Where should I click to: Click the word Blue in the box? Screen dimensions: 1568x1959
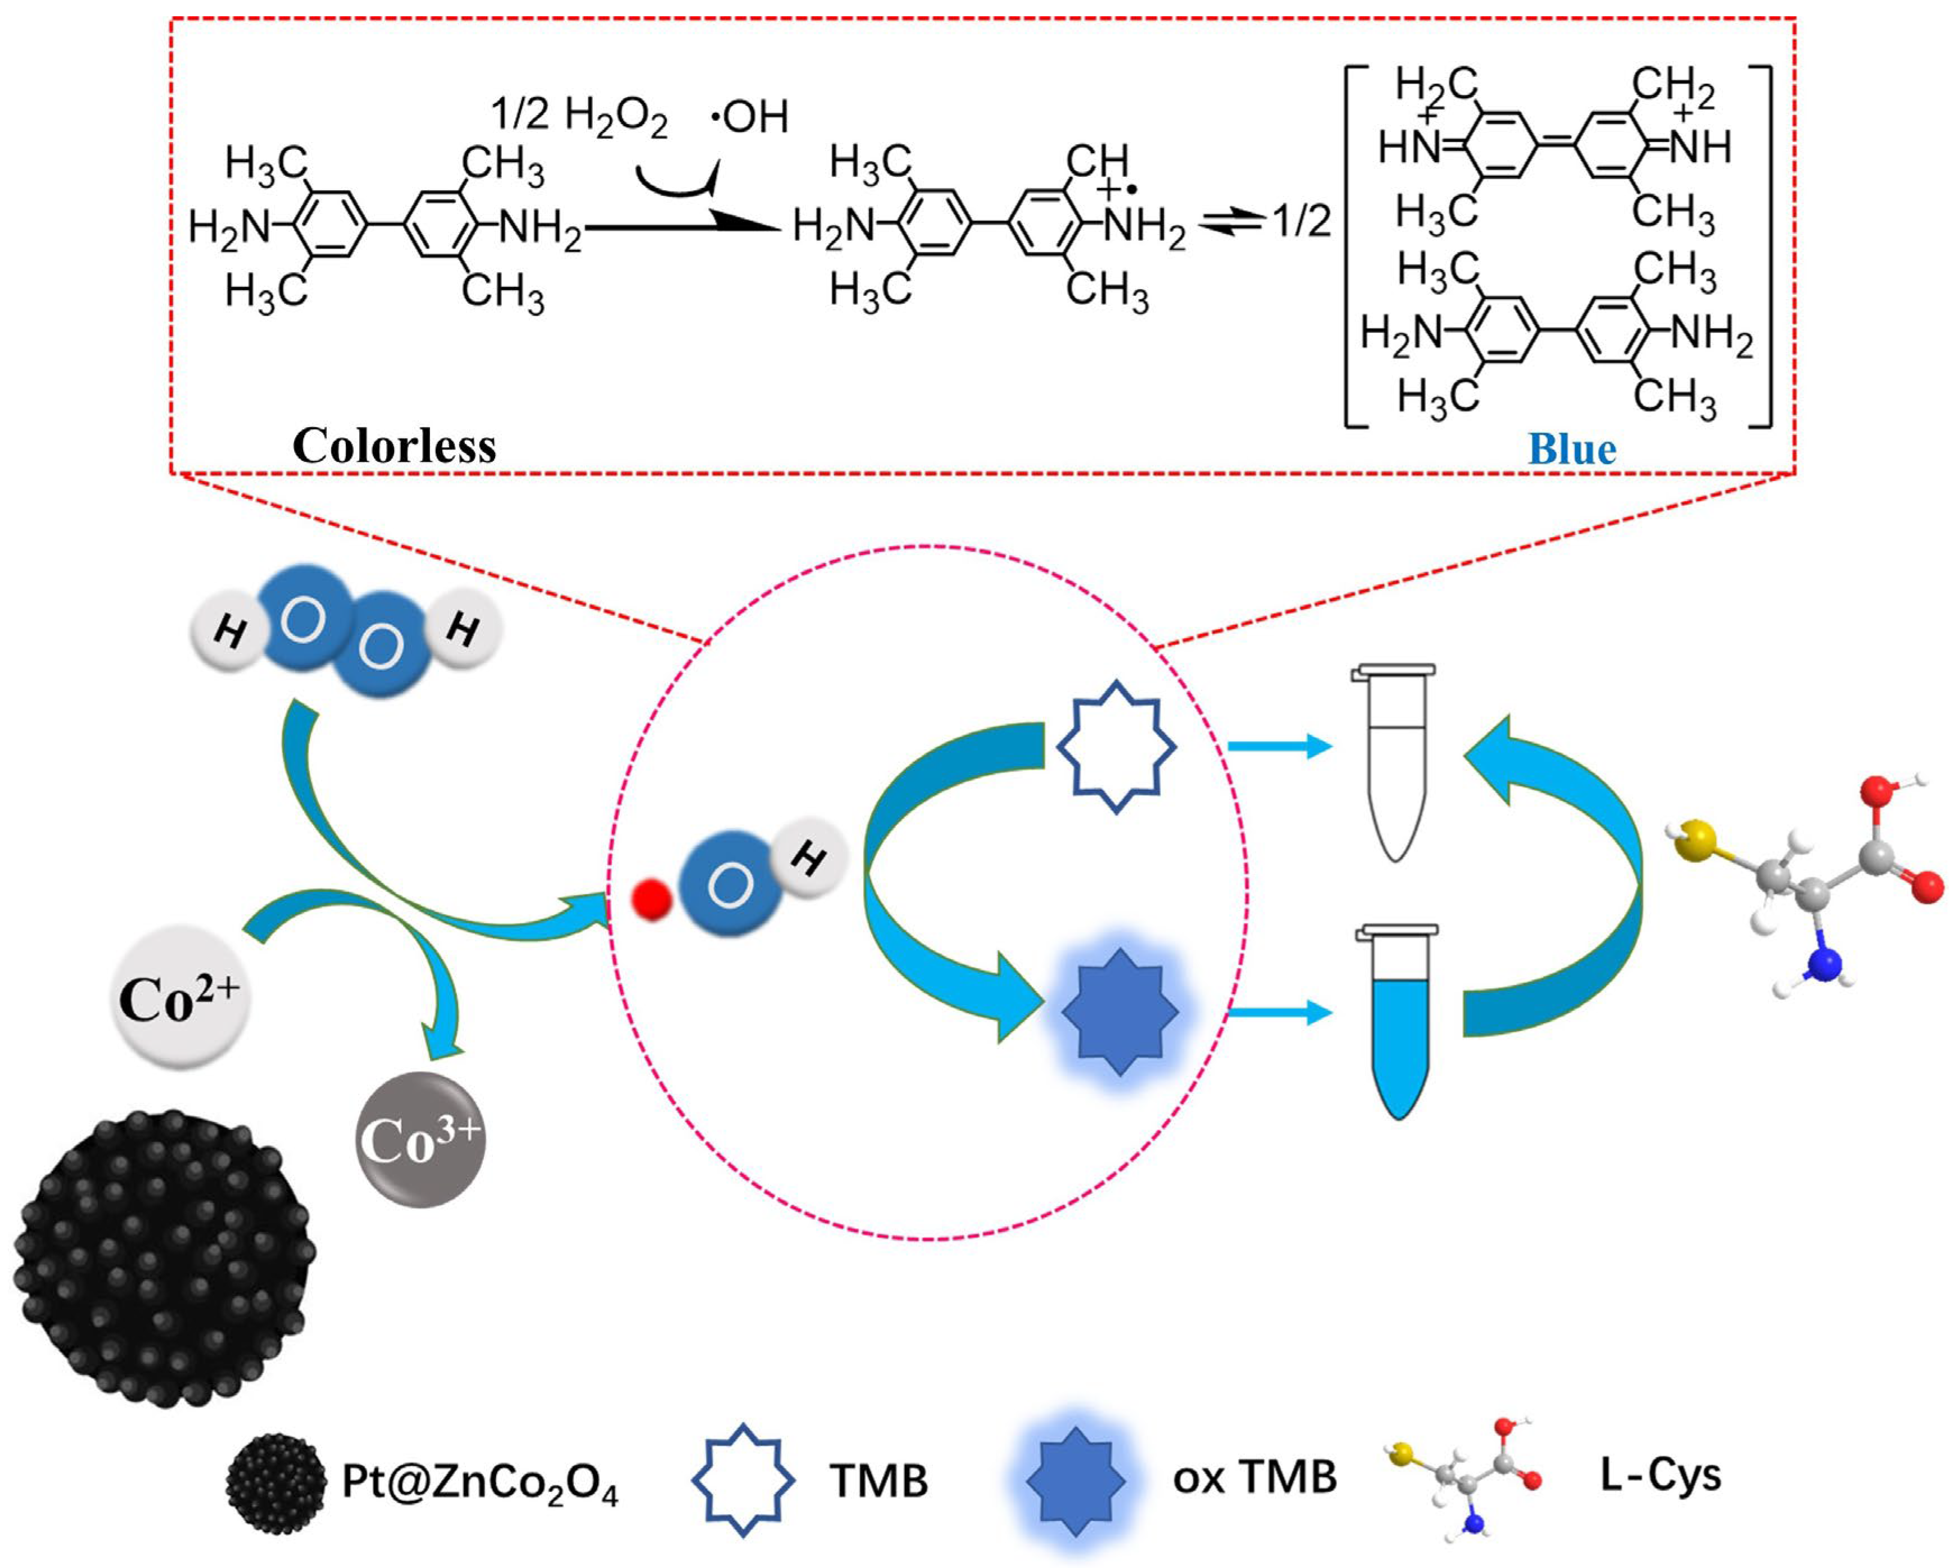(x=1572, y=449)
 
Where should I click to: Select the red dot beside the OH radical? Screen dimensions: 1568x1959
(x=652, y=900)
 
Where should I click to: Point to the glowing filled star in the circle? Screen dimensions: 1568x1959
(x=1119, y=1012)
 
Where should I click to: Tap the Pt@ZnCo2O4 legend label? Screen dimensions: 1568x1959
(x=479, y=1482)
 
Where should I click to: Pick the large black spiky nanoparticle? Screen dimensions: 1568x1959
(x=163, y=1259)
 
